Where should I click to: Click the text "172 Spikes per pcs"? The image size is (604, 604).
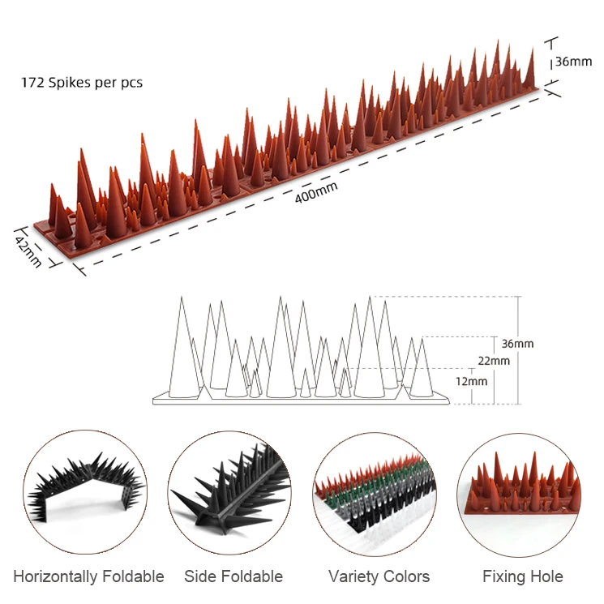click(x=82, y=83)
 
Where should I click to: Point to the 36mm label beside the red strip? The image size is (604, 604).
click(x=574, y=62)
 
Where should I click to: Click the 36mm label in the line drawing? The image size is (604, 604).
click(x=517, y=344)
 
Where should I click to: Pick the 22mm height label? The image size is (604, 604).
click(x=495, y=361)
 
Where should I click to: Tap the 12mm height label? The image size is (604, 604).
click(x=472, y=381)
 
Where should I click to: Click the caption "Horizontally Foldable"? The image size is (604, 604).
click(x=88, y=577)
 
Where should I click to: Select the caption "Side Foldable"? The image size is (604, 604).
click(x=233, y=577)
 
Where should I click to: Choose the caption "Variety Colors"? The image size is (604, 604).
click(x=379, y=577)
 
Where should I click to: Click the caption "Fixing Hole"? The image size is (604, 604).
click(x=523, y=577)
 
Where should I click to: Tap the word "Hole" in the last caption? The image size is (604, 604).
click(x=546, y=577)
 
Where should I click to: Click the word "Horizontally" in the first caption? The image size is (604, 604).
click(x=54, y=577)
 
